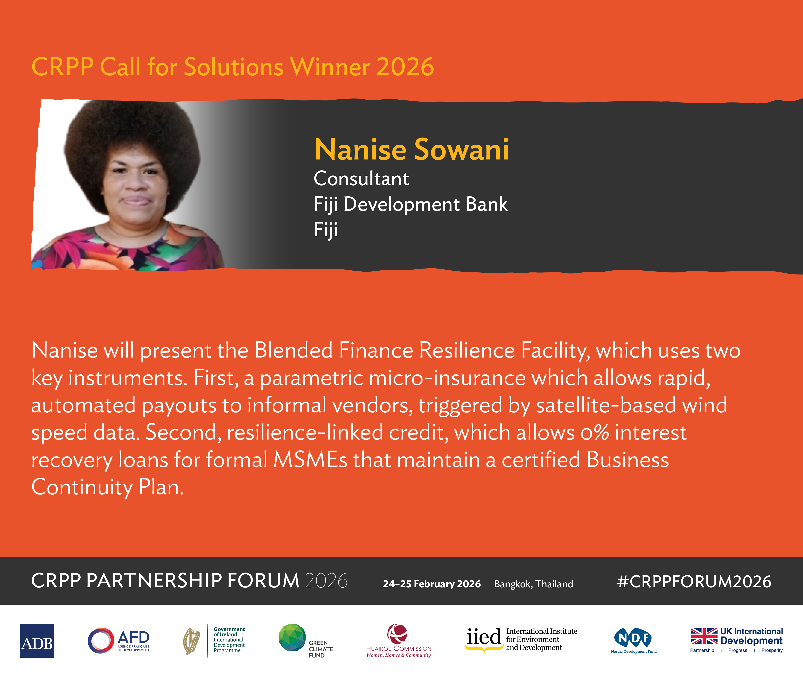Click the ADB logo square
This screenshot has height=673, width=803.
pyautogui.click(x=37, y=640)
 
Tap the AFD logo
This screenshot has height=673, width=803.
pyautogui.click(x=118, y=640)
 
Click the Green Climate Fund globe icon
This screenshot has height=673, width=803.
pyautogui.click(x=292, y=638)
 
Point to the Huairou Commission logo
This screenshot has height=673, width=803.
pyautogui.click(x=399, y=640)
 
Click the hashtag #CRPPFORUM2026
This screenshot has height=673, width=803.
pyautogui.click(x=694, y=581)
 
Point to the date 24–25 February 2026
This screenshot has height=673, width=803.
pyautogui.click(x=432, y=584)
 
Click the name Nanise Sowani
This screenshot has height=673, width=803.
pyautogui.click(x=411, y=149)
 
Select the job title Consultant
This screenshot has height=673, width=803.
pyautogui.click(x=361, y=179)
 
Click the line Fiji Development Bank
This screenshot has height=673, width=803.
pyautogui.click(x=411, y=204)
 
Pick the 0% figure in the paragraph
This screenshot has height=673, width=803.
pyautogui.click(x=595, y=433)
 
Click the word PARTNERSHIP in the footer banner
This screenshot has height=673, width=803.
pyautogui.click(x=154, y=581)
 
